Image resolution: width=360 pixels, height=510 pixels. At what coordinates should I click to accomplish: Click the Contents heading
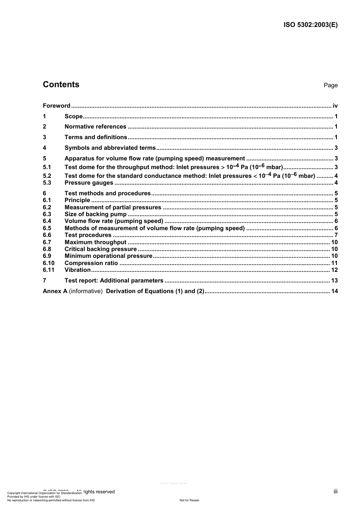click(x=61, y=85)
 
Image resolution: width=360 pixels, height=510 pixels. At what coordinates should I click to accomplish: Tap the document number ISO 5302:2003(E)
click(x=310, y=25)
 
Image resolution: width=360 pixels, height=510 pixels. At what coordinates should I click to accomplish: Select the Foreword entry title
click(x=56, y=106)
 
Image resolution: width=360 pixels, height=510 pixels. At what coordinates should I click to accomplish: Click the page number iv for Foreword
click(x=335, y=106)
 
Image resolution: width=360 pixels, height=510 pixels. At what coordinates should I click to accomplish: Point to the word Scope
click(x=74, y=116)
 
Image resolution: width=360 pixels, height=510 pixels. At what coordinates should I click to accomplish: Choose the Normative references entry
click(x=95, y=127)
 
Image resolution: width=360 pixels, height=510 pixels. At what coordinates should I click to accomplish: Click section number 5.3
click(x=47, y=183)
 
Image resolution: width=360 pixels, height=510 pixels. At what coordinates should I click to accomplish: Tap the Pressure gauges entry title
click(x=89, y=183)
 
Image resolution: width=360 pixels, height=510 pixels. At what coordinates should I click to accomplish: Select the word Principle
click(x=77, y=200)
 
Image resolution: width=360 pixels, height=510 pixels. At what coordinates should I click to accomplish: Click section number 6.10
click(x=49, y=263)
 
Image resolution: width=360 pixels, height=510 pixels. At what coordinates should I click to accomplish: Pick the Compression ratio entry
click(x=91, y=263)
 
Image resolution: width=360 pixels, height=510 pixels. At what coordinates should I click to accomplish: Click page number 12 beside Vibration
click(x=334, y=270)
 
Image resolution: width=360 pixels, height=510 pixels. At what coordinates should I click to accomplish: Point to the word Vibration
click(x=78, y=270)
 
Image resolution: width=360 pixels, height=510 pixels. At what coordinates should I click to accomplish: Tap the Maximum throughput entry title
click(x=95, y=242)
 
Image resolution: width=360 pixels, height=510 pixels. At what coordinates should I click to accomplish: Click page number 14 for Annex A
click(x=334, y=291)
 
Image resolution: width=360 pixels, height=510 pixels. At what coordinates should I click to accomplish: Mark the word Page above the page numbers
click(x=330, y=85)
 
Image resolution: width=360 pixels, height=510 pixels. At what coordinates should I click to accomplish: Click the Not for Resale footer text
click(x=189, y=500)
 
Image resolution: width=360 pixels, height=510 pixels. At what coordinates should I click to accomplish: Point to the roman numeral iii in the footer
click(x=335, y=491)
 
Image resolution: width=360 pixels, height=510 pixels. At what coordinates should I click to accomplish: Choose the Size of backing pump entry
click(x=95, y=214)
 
